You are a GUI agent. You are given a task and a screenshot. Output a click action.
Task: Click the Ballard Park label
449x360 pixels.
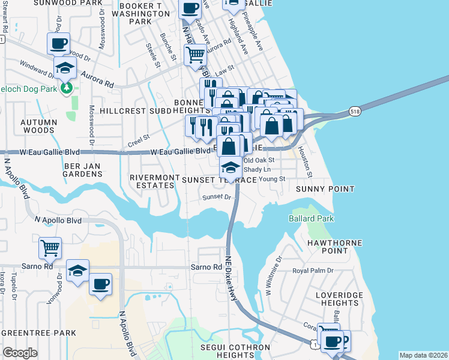tap(311, 218)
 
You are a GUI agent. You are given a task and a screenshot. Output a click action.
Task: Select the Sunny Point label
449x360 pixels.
tap(325, 189)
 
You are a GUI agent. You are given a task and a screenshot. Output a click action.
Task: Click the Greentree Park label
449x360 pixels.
tap(38, 332)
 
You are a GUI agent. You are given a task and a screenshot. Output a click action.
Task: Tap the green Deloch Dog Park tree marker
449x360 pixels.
tap(66, 89)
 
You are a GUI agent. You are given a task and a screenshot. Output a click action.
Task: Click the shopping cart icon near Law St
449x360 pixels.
tap(196, 55)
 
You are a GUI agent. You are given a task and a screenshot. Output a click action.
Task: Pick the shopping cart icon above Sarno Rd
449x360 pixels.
tap(50, 247)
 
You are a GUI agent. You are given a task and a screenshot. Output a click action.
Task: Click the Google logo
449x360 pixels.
tap(19, 353)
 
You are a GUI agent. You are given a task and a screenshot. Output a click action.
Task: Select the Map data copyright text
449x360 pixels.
tap(423, 355)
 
